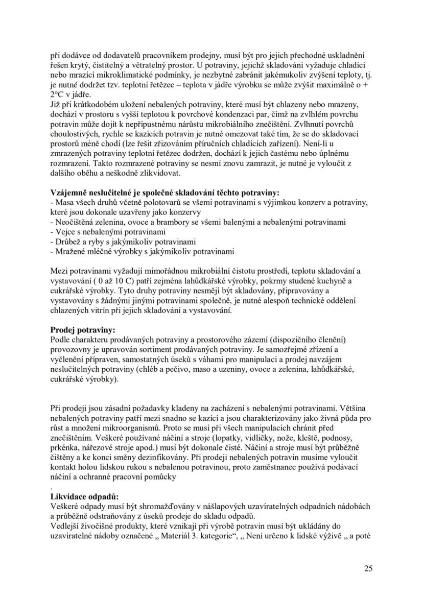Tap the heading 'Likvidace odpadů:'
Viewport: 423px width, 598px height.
pyautogui.click(x=84, y=496)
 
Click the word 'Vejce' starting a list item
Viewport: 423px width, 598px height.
pyautogui.click(x=64, y=231)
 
